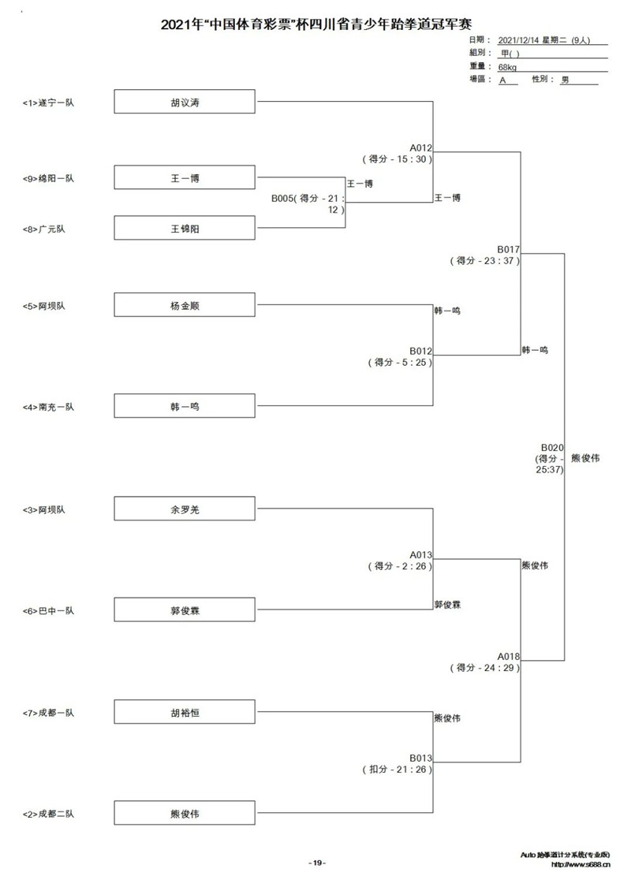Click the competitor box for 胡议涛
coord(185,102)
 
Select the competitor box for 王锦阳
coord(185,228)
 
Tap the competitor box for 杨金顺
coord(185,304)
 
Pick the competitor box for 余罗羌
coord(185,509)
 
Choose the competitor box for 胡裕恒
coord(185,711)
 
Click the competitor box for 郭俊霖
coord(185,610)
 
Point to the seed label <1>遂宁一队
coord(48,103)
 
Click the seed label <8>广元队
coord(43,229)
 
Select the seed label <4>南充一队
coord(48,407)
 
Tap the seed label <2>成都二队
coord(48,814)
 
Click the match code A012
coord(420,147)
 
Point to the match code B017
coord(508,249)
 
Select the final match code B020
coord(552,447)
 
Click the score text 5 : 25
coord(414,362)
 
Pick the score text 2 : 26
coord(414,566)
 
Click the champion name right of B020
coord(585,458)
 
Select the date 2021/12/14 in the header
coord(518,40)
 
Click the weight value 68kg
coord(508,67)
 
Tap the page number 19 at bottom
coord(317,863)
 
